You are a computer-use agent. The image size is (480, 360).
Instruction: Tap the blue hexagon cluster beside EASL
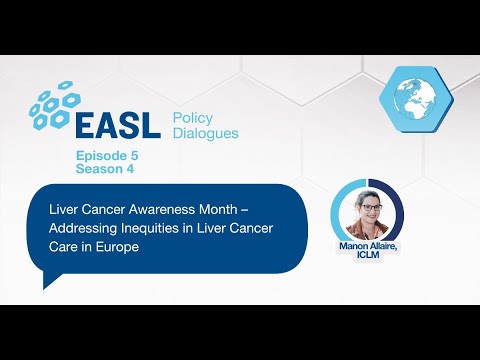(53, 103)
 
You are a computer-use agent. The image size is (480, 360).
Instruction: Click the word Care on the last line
(64, 246)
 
